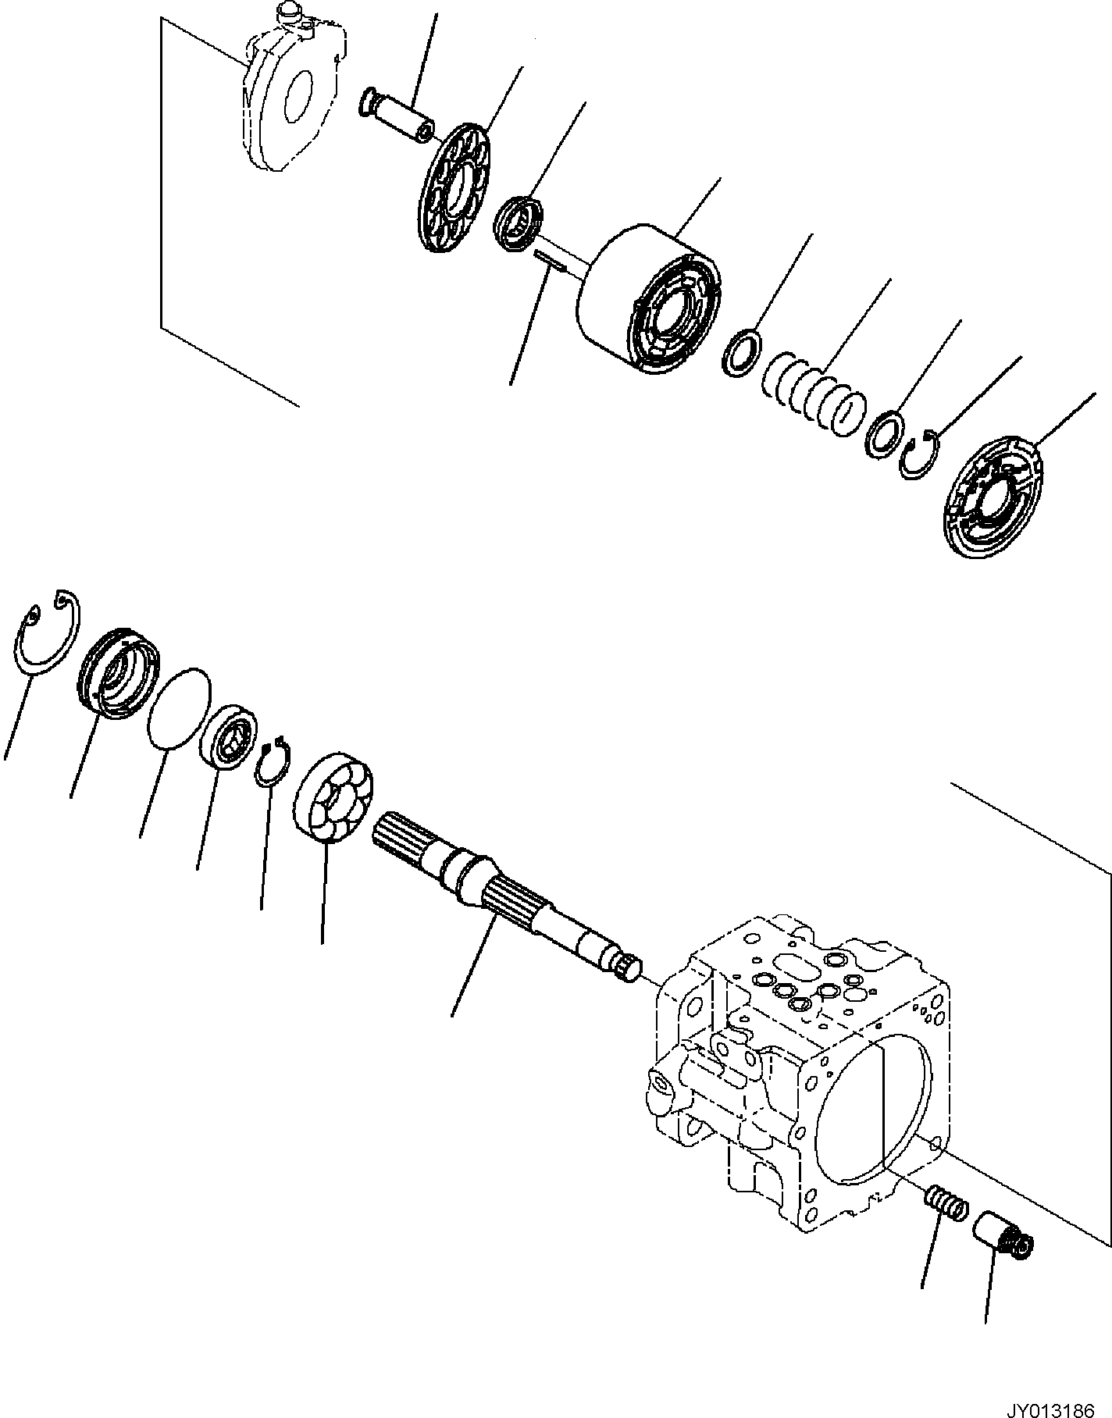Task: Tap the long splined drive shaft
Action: (500, 899)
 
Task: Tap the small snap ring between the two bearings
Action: (273, 763)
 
